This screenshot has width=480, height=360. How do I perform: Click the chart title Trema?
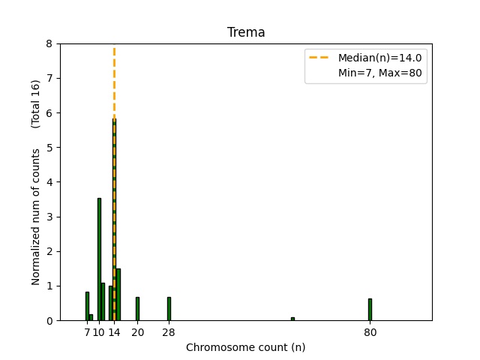point(246,33)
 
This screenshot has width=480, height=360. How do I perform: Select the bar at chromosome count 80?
point(370,309)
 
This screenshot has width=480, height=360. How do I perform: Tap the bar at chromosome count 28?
point(169,308)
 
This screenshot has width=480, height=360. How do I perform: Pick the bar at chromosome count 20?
point(137,308)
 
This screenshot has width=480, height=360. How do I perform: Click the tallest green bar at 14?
point(114,225)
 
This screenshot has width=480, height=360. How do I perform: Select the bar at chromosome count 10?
point(99,259)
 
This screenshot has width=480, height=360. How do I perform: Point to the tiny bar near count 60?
point(292,319)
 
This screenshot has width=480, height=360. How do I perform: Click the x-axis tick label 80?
point(370,332)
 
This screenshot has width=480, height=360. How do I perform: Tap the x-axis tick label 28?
point(169,332)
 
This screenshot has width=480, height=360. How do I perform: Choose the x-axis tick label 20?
point(137,332)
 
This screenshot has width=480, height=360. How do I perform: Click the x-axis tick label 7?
point(87,332)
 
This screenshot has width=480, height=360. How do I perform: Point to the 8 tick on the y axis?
point(49,43)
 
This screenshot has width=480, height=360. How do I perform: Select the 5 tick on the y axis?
point(49,148)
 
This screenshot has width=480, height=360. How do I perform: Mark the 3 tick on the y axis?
point(49,217)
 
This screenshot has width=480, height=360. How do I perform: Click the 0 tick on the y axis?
point(49,321)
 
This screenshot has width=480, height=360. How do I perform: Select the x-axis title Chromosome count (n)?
point(246,347)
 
